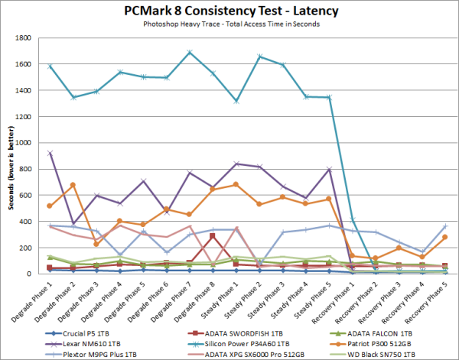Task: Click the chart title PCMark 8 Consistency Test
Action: pos(229,11)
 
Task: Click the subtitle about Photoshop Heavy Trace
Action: pos(229,24)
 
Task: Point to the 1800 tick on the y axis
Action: pos(32,37)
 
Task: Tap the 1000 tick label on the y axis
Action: pos(32,143)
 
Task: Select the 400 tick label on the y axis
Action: pos(34,222)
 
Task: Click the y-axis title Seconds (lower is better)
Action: pos(10,157)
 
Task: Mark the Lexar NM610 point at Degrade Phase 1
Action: pos(50,153)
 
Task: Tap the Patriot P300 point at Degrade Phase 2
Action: pos(73,185)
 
